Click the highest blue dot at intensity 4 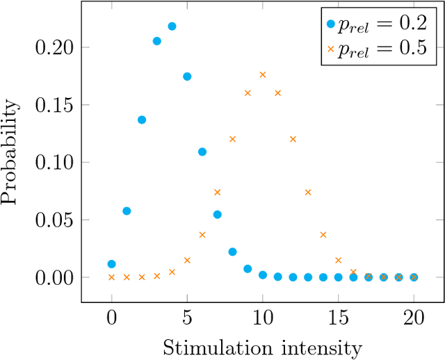(172, 26)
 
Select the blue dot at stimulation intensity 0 (111, 264)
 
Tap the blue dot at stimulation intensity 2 (142, 120)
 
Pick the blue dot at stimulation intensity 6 (202, 152)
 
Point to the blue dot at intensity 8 (232, 252)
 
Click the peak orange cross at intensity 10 (263, 74)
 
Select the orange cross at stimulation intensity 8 (232, 139)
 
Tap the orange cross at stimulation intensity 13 (308, 192)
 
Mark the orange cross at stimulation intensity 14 (323, 235)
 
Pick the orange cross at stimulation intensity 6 (202, 235)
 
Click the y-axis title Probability (10, 152)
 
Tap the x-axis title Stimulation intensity (262, 346)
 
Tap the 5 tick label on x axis (187, 320)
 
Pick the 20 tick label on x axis (414, 320)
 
